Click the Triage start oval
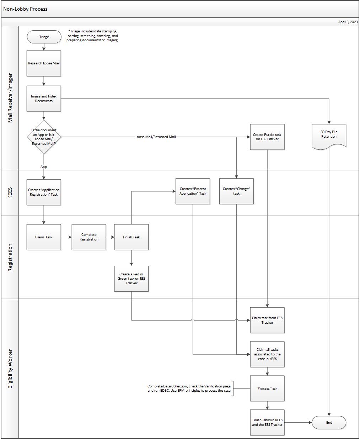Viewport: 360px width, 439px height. (x=44, y=37)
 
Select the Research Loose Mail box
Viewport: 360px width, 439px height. (x=44, y=63)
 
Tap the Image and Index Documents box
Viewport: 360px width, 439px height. (x=44, y=99)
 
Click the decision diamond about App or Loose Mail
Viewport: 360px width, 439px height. (x=44, y=137)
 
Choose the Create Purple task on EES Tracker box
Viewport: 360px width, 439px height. (x=267, y=137)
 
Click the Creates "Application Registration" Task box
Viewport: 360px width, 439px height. (x=44, y=192)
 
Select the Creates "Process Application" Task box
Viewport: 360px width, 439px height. (x=193, y=191)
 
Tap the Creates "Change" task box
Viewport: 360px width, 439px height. (x=236, y=191)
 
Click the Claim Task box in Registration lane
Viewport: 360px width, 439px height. (x=44, y=237)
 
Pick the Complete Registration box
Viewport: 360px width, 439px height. (x=89, y=237)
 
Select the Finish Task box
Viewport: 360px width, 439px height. (x=131, y=237)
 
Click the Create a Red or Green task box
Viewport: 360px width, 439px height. (x=131, y=279)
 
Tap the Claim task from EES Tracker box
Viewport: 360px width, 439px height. (x=267, y=320)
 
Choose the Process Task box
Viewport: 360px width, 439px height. (x=267, y=388)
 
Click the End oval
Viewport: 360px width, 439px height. (x=329, y=423)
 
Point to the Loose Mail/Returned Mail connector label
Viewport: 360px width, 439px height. (x=155, y=137)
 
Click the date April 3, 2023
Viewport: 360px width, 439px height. (x=348, y=22)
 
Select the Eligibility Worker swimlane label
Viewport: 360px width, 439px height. (x=10, y=369)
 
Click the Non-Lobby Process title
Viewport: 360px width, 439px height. (x=26, y=9)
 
